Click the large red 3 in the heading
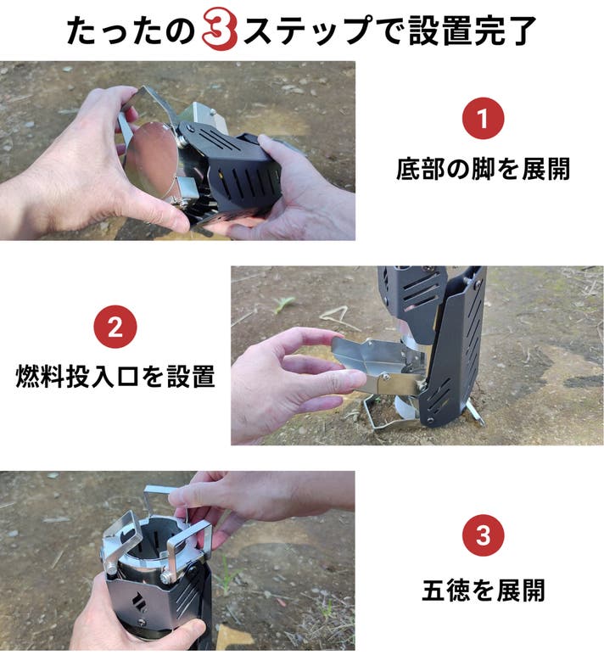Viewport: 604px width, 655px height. click(220, 30)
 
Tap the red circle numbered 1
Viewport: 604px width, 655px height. click(483, 118)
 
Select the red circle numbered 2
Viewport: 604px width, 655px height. click(115, 327)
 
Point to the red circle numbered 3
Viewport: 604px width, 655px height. click(484, 535)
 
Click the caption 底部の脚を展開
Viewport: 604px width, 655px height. click(484, 169)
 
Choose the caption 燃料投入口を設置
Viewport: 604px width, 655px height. click(115, 376)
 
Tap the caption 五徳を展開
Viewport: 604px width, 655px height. click(484, 591)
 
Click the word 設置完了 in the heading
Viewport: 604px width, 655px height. click(473, 30)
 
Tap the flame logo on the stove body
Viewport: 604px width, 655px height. click(138, 602)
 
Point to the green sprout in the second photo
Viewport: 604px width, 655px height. click(285, 304)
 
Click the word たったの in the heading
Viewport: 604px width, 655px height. click(131, 31)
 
